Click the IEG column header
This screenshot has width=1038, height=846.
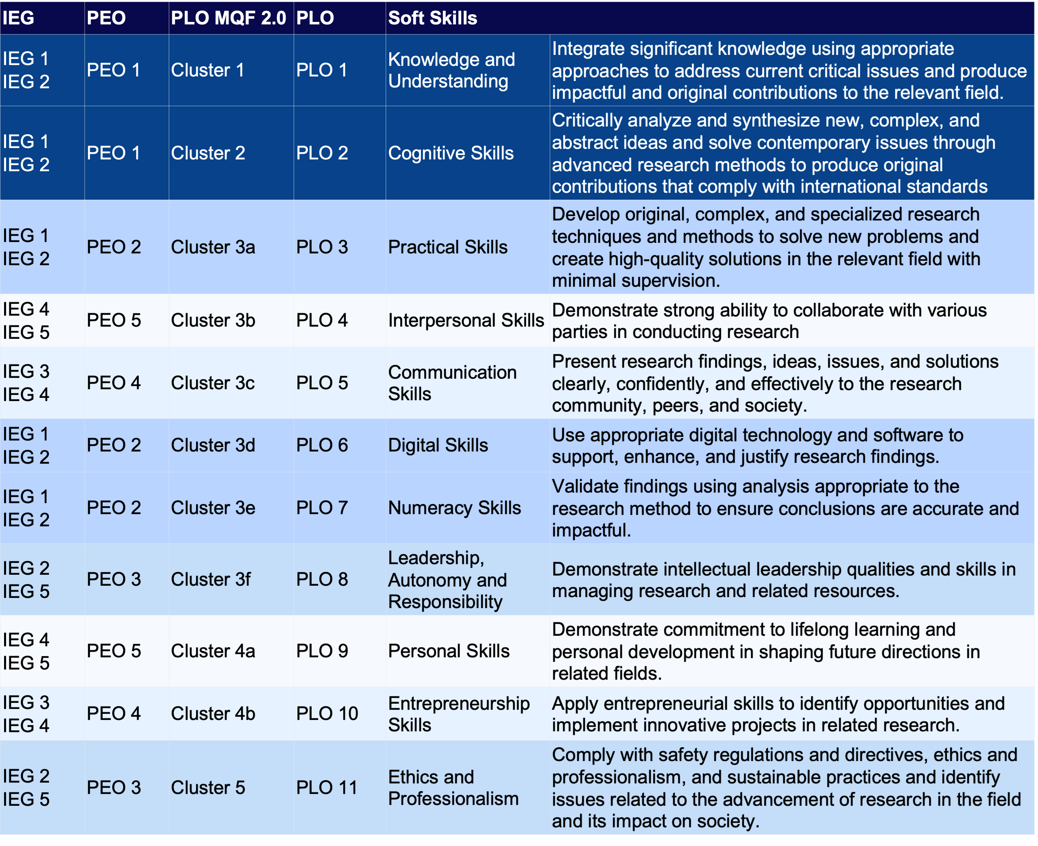coord(19,18)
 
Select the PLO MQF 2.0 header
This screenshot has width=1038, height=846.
coord(228,18)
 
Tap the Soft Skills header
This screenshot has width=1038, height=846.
coord(432,18)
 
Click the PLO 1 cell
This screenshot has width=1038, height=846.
coord(322,70)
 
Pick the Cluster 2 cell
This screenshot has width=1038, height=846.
coord(208,153)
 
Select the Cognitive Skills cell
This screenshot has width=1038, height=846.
coord(451,153)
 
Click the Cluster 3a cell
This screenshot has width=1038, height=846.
coord(213,247)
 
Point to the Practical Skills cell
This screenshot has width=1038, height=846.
coord(448,247)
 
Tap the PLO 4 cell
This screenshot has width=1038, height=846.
coord(322,320)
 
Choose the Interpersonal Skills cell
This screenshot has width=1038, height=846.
coord(466,320)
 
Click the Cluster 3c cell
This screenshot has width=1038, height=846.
coord(213,383)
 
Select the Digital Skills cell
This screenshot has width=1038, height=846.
coord(438,445)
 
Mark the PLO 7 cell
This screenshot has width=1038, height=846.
coord(322,508)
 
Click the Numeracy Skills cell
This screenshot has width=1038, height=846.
coord(454,508)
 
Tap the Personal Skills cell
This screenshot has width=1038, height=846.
coord(449,651)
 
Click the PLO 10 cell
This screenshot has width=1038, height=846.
coord(327,714)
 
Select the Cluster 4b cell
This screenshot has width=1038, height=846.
coord(213,714)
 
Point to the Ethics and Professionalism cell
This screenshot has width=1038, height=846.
coord(453,788)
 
